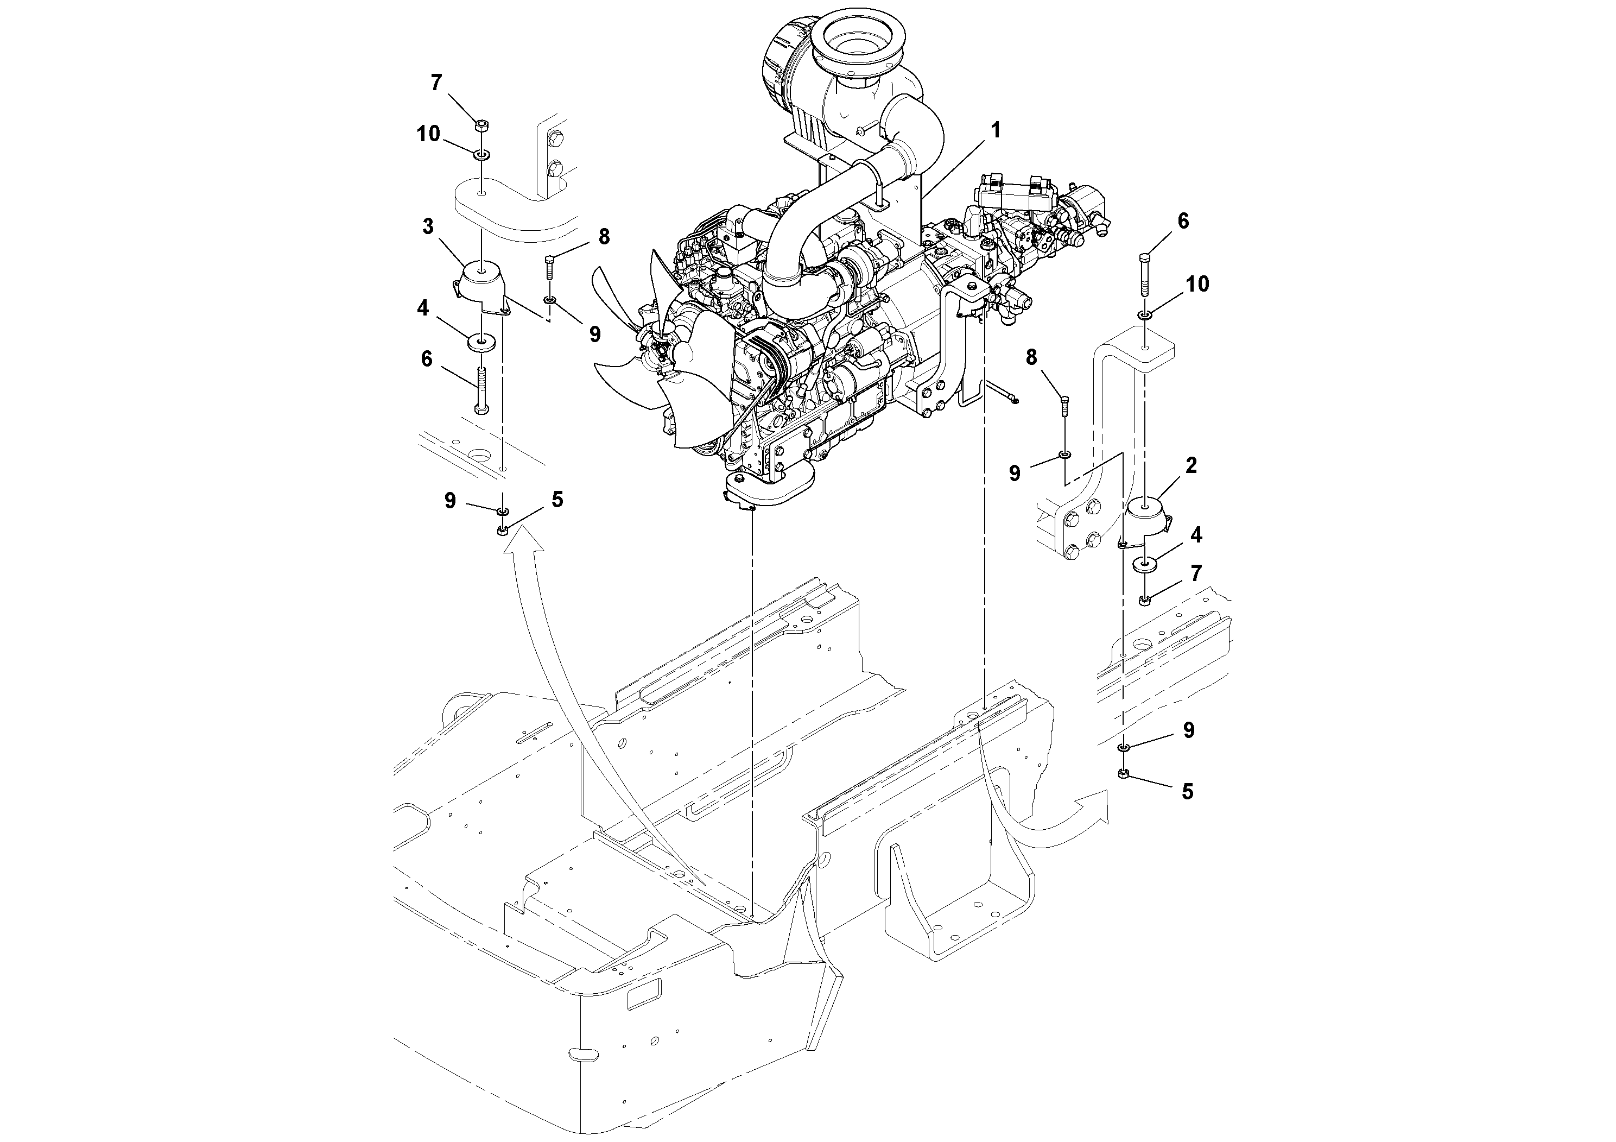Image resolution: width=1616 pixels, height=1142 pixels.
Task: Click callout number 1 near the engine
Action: coord(995,131)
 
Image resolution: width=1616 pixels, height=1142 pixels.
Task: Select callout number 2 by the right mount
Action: coord(1191,465)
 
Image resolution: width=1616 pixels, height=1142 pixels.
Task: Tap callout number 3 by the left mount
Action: coord(428,226)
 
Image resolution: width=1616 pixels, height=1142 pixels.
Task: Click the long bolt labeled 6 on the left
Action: coord(481,389)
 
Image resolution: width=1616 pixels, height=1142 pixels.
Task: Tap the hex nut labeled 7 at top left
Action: coord(481,126)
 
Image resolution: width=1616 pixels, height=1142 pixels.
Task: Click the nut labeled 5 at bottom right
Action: coord(1124,774)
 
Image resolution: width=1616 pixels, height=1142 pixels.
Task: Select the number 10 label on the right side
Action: coord(1197,284)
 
